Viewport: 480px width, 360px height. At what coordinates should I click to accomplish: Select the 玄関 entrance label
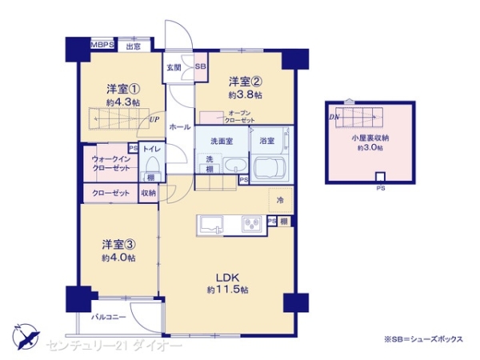click(x=174, y=68)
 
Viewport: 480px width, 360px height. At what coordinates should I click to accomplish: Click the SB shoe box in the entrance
click(x=200, y=68)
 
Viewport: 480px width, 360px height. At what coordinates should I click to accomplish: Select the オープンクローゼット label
click(x=242, y=117)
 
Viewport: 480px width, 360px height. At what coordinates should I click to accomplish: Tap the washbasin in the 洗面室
click(x=234, y=166)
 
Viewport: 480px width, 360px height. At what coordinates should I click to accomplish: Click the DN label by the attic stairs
click(x=333, y=117)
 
